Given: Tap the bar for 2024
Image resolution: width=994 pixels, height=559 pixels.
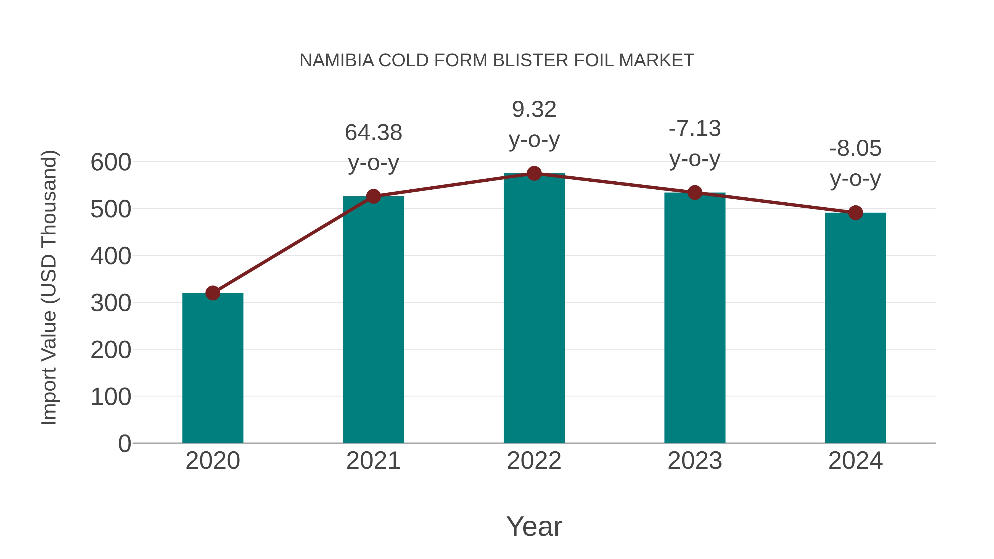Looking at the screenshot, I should (855, 328).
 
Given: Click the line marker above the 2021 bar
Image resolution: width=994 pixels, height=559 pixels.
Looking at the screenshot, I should (373, 196).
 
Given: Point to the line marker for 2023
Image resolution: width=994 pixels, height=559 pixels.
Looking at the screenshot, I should (695, 192).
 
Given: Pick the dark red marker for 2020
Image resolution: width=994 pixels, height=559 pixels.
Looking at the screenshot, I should (213, 293).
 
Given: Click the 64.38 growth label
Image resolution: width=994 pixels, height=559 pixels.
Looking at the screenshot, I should (373, 133).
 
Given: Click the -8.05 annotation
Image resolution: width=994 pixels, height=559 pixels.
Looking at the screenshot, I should (855, 149).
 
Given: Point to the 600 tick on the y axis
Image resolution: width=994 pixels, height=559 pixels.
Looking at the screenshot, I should (111, 162).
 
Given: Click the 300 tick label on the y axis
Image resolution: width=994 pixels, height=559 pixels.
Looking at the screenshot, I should (111, 303).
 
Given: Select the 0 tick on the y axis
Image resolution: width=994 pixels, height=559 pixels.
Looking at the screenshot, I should (125, 443).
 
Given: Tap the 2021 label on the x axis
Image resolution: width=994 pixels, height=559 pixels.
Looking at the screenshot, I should (373, 461).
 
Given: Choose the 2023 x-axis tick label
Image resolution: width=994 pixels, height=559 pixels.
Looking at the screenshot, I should (695, 461).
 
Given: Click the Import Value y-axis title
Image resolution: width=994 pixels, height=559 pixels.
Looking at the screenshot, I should (49, 287).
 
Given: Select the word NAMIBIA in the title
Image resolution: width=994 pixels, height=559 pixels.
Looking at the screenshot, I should (337, 60).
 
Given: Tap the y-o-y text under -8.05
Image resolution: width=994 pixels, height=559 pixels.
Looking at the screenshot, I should (855, 179).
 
